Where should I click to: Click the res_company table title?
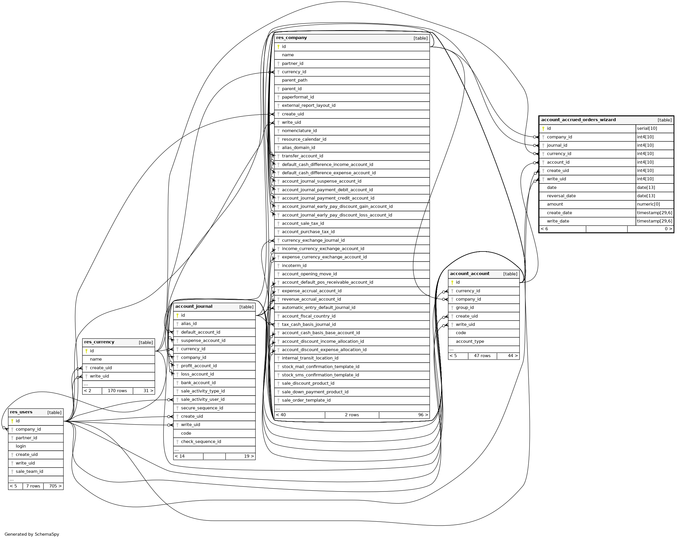(291, 38)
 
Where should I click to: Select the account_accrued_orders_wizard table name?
(578, 120)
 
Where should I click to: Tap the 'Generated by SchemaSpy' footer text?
(32, 534)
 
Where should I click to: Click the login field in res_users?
(21, 446)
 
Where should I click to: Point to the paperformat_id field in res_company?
(298, 97)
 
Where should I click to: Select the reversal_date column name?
(561, 196)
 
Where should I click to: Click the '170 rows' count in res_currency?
(117, 391)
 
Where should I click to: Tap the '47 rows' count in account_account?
(482, 356)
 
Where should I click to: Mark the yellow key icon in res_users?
(12, 421)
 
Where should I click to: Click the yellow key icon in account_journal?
(177, 315)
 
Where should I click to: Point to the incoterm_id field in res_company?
(294, 266)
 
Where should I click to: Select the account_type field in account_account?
(469, 341)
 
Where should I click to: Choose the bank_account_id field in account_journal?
(198, 382)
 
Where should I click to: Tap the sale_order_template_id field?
(306, 400)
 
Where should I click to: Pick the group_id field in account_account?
(465, 307)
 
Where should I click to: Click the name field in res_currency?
(96, 359)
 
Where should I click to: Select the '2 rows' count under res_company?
(352, 415)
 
